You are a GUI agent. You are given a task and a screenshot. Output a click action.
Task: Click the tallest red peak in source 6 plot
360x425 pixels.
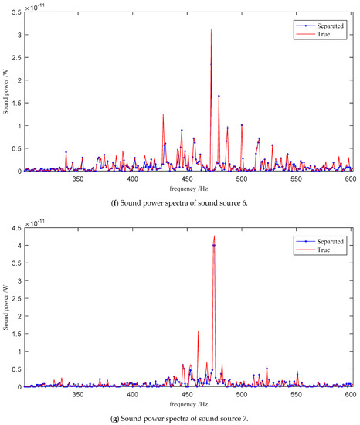pos(211,30)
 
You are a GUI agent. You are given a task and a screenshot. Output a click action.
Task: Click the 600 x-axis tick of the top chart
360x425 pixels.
pos(350,178)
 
